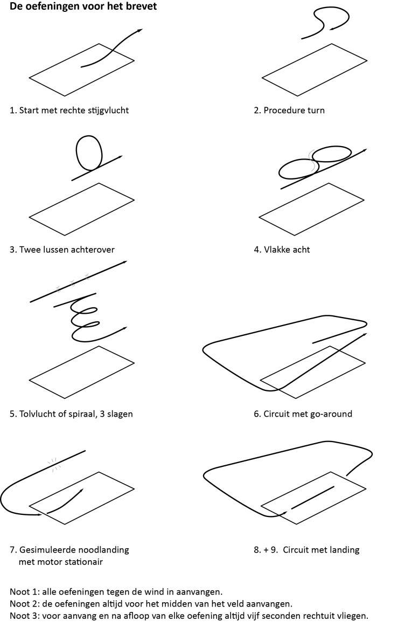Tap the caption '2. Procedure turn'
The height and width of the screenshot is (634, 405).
point(289,111)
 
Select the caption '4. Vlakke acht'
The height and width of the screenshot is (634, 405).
point(282,250)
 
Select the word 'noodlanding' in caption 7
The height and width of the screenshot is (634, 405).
point(103,550)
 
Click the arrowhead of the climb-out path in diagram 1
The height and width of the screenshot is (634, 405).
point(140,30)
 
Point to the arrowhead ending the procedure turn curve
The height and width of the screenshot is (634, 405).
point(332,28)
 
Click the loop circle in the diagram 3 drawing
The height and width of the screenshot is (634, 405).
point(89,153)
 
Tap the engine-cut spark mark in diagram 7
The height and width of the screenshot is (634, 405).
point(53,464)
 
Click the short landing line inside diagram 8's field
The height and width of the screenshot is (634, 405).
point(313,497)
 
